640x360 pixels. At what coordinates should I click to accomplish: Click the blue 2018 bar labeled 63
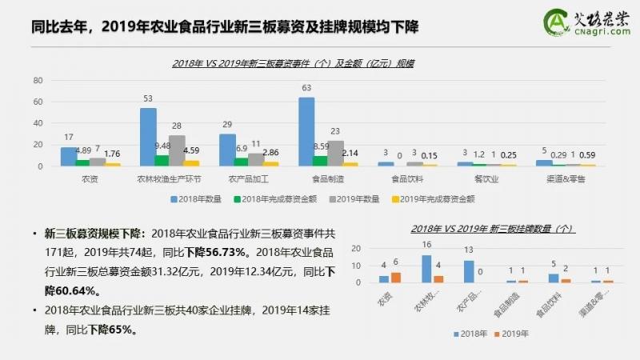coord(306,132)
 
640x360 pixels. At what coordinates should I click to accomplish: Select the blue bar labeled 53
coord(148,137)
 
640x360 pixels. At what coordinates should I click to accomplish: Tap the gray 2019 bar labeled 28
coord(177,150)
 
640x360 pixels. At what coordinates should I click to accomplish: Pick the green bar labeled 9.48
coord(162,161)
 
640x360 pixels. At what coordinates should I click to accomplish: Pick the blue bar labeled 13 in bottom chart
coord(468,271)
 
